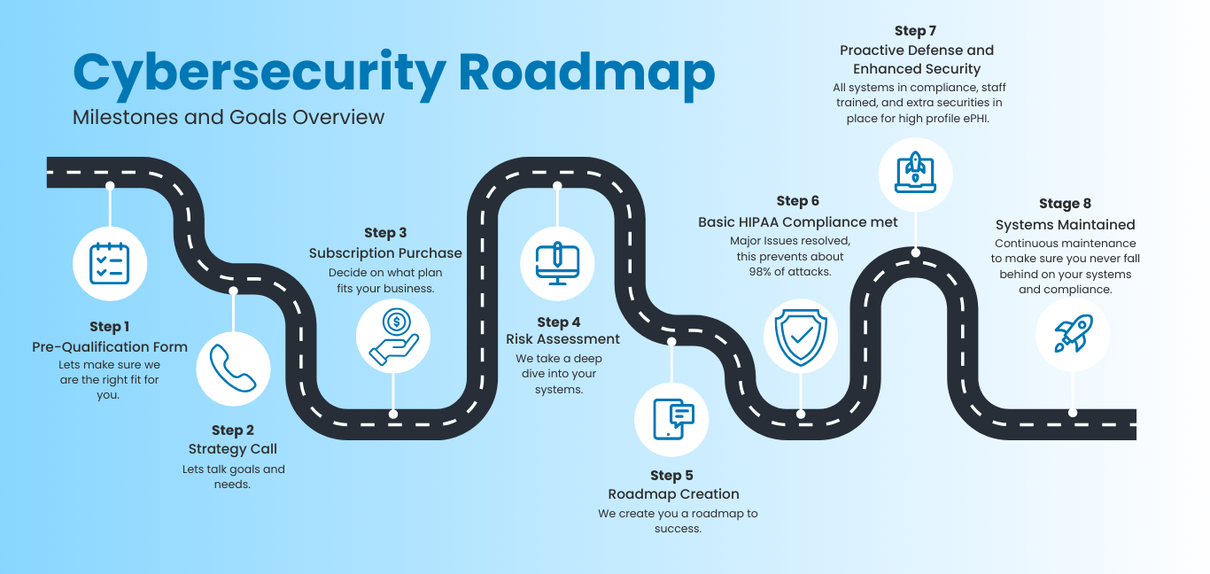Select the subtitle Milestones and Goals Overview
(229, 117)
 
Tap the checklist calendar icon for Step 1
(110, 263)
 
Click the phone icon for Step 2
(233, 368)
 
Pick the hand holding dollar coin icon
(393, 336)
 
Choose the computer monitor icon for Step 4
(557, 263)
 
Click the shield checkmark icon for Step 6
(801, 336)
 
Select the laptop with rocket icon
(915, 174)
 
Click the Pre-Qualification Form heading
(110, 347)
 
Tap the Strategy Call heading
(233, 449)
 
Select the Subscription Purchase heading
(385, 253)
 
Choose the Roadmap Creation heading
(673, 494)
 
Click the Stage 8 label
(1065, 204)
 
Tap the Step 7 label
(917, 32)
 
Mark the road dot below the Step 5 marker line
(672, 341)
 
